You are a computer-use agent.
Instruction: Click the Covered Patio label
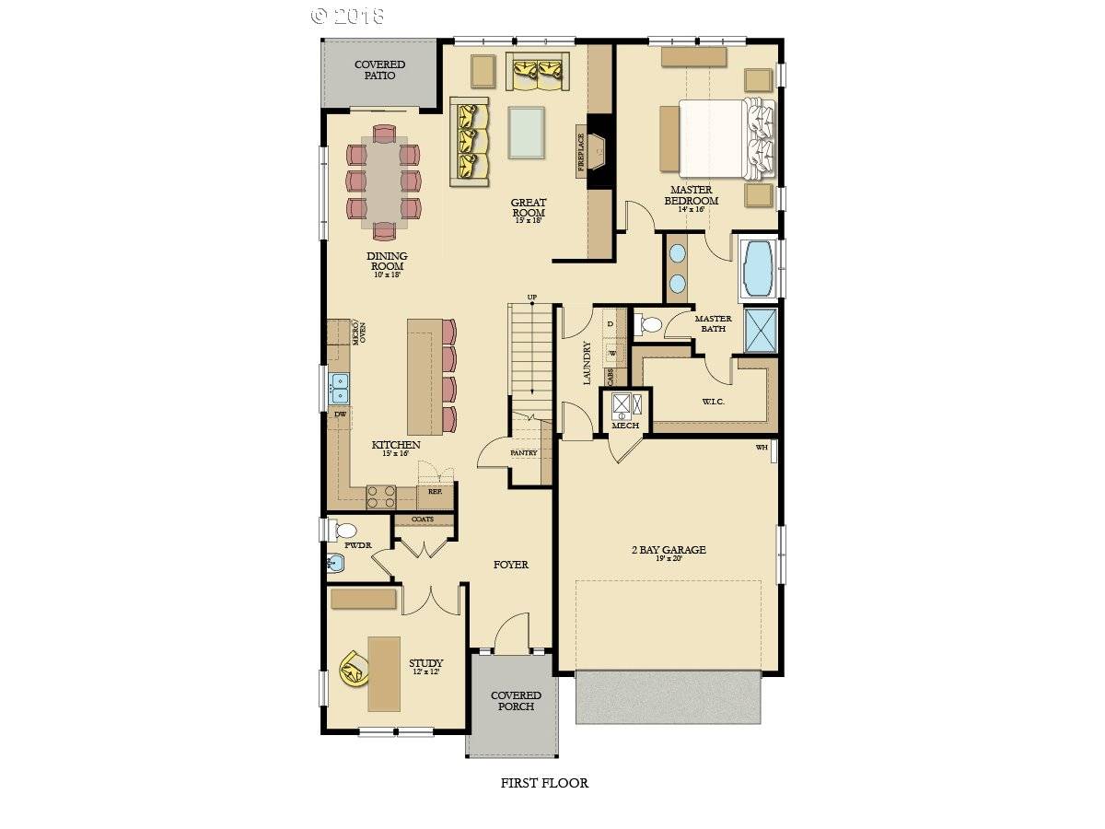coord(375,70)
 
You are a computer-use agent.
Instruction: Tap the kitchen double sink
coord(339,389)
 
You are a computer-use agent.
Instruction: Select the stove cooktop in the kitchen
coord(381,497)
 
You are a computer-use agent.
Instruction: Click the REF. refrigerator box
coord(435,493)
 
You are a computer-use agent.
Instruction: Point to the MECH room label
coord(625,426)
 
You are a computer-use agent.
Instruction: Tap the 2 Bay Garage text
coord(669,550)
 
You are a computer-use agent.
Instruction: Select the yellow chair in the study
coord(353,668)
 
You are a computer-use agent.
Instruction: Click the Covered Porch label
coord(516,701)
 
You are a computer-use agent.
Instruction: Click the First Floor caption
coord(544,783)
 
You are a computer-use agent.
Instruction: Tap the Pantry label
coord(523,453)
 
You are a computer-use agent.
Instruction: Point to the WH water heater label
coord(762,448)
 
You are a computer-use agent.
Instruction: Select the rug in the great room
coord(526,132)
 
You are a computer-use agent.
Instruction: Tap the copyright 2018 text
coord(348,16)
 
